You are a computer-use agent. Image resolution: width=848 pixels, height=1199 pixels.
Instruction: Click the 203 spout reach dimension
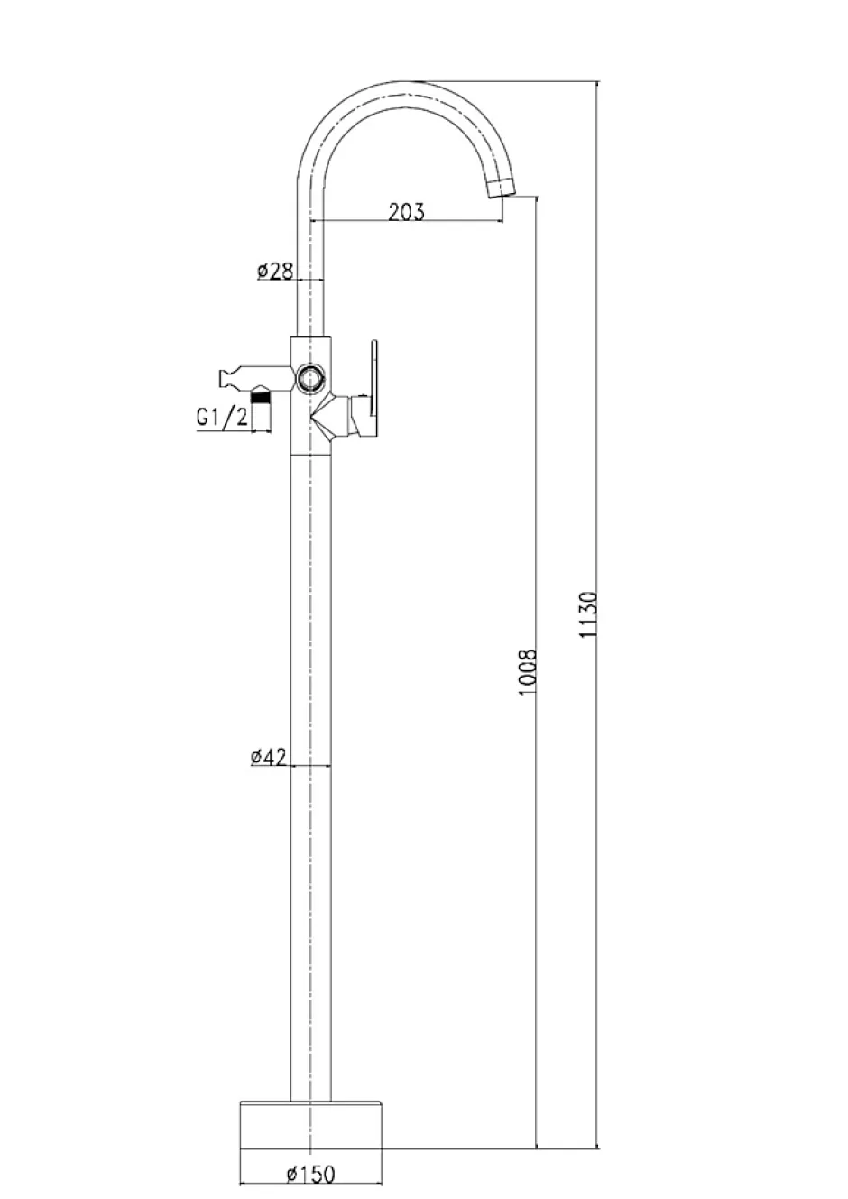tap(406, 213)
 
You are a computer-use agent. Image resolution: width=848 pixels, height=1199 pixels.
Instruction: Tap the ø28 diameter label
tap(275, 272)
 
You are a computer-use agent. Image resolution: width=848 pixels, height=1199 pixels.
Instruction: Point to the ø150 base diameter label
tap(310, 1171)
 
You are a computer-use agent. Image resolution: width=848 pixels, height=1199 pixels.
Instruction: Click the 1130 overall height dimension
tap(588, 614)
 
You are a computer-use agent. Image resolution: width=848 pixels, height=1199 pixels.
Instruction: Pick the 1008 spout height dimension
tap(528, 672)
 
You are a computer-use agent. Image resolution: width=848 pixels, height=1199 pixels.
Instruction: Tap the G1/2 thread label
tap(223, 417)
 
